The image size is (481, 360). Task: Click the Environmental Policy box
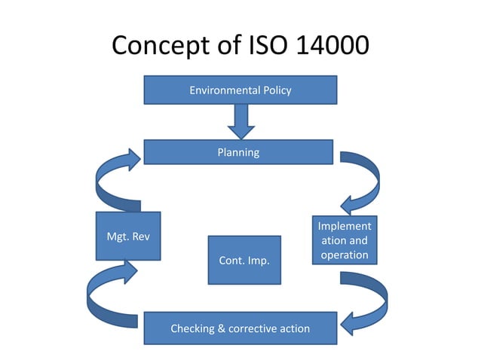pyautogui.click(x=240, y=90)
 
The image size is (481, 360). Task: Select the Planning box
pyautogui.click(x=238, y=152)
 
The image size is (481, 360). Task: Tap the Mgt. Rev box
pyautogui.click(x=128, y=236)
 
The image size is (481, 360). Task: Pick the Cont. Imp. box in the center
pyautogui.click(x=244, y=260)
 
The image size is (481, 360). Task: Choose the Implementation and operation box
pyautogui.click(x=344, y=240)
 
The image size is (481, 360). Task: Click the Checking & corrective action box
pyautogui.click(x=239, y=328)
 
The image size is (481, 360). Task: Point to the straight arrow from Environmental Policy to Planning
pyautogui.click(x=240, y=121)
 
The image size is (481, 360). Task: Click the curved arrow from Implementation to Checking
pyautogui.click(x=366, y=301)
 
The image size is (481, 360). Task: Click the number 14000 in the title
pyautogui.click(x=326, y=46)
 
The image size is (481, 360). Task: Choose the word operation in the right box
pyautogui.click(x=344, y=255)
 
